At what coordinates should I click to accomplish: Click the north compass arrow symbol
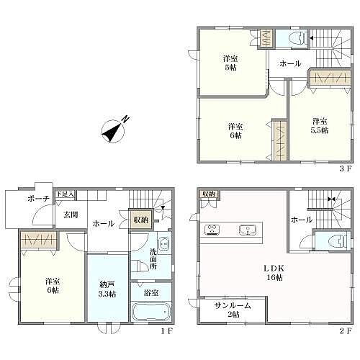(114, 130)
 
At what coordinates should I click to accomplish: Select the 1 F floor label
(166, 331)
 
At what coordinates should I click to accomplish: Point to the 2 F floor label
(345, 331)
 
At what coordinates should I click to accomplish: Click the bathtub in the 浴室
(151, 312)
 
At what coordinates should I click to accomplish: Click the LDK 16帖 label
(278, 273)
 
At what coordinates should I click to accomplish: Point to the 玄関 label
(70, 214)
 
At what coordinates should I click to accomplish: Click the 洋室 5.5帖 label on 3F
(320, 125)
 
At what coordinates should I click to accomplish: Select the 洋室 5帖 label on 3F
(230, 62)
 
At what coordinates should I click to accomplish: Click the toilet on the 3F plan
(296, 37)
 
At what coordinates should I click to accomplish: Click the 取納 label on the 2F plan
(209, 194)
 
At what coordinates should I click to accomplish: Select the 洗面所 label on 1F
(153, 260)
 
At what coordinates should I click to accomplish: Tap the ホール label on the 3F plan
(289, 63)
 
